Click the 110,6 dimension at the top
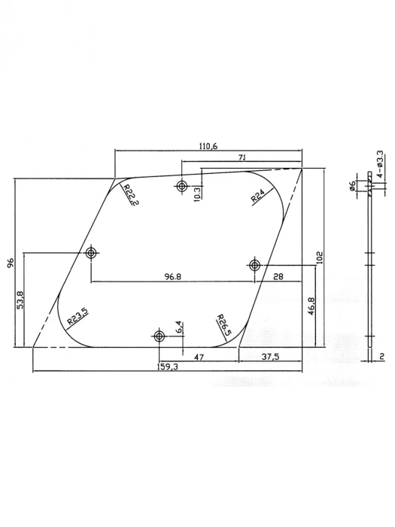point(209,146)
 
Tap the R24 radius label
point(258,197)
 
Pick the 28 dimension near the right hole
point(278,277)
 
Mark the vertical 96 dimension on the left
point(11,263)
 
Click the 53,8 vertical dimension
point(20,300)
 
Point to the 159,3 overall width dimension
point(168,368)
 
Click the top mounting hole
point(181,185)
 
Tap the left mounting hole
point(92,253)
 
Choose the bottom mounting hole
point(159,336)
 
